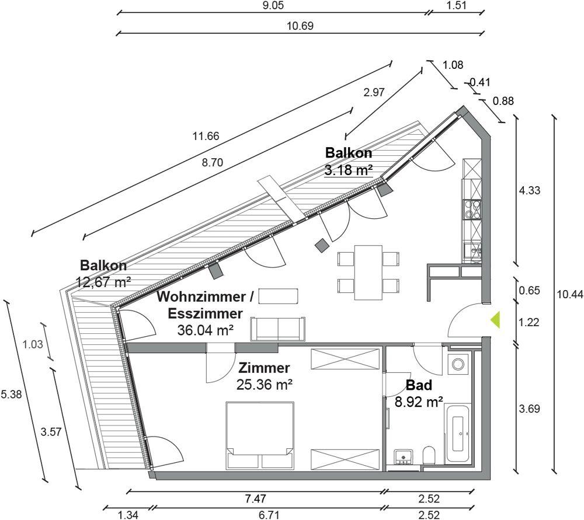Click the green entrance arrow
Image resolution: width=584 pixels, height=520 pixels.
click(x=495, y=320)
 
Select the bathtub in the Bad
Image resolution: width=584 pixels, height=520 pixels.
click(x=457, y=434)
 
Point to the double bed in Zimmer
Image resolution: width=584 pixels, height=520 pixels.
click(x=260, y=435)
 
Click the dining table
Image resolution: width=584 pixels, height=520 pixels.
click(x=369, y=272)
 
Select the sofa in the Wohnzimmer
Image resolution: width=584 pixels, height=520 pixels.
click(x=278, y=329)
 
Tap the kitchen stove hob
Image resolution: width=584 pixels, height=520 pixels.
click(x=472, y=209)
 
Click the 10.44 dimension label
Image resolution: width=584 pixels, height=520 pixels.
click(x=570, y=294)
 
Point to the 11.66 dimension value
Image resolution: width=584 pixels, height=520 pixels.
click(x=206, y=136)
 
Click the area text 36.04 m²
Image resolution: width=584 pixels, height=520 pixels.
click(x=206, y=330)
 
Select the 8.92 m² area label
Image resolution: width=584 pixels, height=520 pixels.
click(x=419, y=402)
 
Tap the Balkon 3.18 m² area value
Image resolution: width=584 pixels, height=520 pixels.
click(x=349, y=170)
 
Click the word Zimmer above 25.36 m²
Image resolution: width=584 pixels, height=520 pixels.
click(x=264, y=368)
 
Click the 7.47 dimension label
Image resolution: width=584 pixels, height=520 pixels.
click(x=256, y=498)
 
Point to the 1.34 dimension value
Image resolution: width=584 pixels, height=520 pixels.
click(x=128, y=515)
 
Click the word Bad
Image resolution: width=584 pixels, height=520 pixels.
click(x=419, y=385)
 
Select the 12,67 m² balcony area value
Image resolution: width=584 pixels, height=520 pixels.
click(x=103, y=282)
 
